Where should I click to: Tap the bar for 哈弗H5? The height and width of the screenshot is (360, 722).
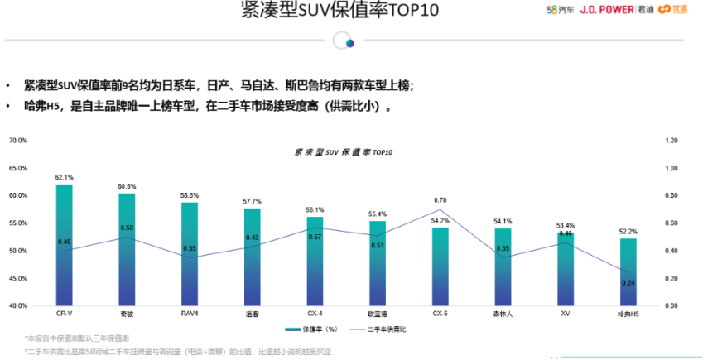pos(628,272)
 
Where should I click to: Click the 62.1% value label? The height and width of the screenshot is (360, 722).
pos(64,177)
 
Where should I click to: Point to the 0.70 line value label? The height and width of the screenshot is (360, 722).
pos(440,200)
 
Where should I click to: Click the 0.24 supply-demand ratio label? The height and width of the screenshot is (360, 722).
pos(628,282)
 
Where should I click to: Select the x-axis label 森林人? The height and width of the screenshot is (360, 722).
pos(503,314)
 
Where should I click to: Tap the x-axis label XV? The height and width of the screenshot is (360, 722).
pos(566,314)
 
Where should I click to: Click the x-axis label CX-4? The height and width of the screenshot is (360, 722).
pos(315,314)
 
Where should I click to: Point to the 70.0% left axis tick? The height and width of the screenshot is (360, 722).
pos(18,141)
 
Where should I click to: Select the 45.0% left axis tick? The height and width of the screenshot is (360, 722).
pos(18,278)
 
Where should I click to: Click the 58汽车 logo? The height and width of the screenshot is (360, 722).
pos(560,10)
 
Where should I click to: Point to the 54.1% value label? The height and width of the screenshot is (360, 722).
pos(503,221)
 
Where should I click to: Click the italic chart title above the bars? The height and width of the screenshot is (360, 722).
pos(344,153)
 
